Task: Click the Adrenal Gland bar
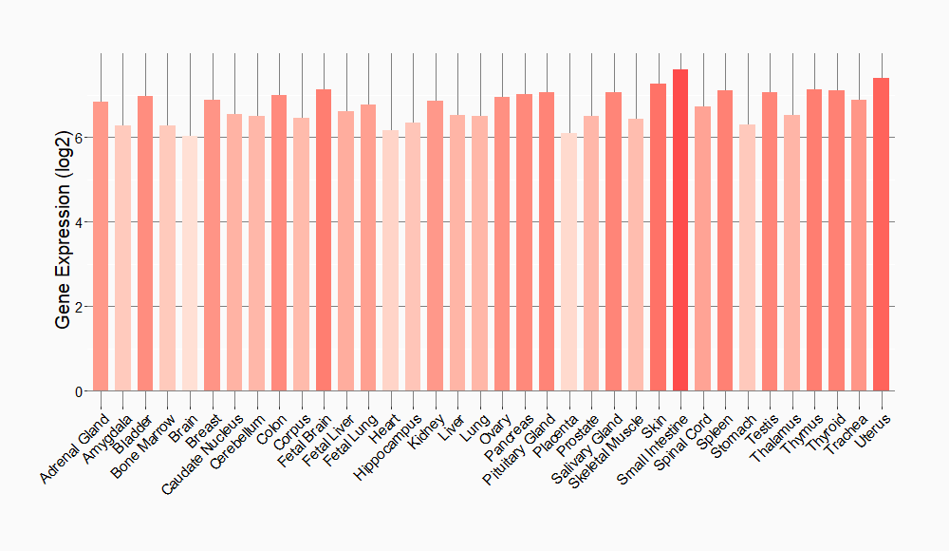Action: pos(101,246)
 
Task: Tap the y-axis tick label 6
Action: pos(79,138)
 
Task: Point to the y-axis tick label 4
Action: pos(79,222)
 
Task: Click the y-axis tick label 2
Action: pos(79,307)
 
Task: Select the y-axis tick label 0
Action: pos(79,391)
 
